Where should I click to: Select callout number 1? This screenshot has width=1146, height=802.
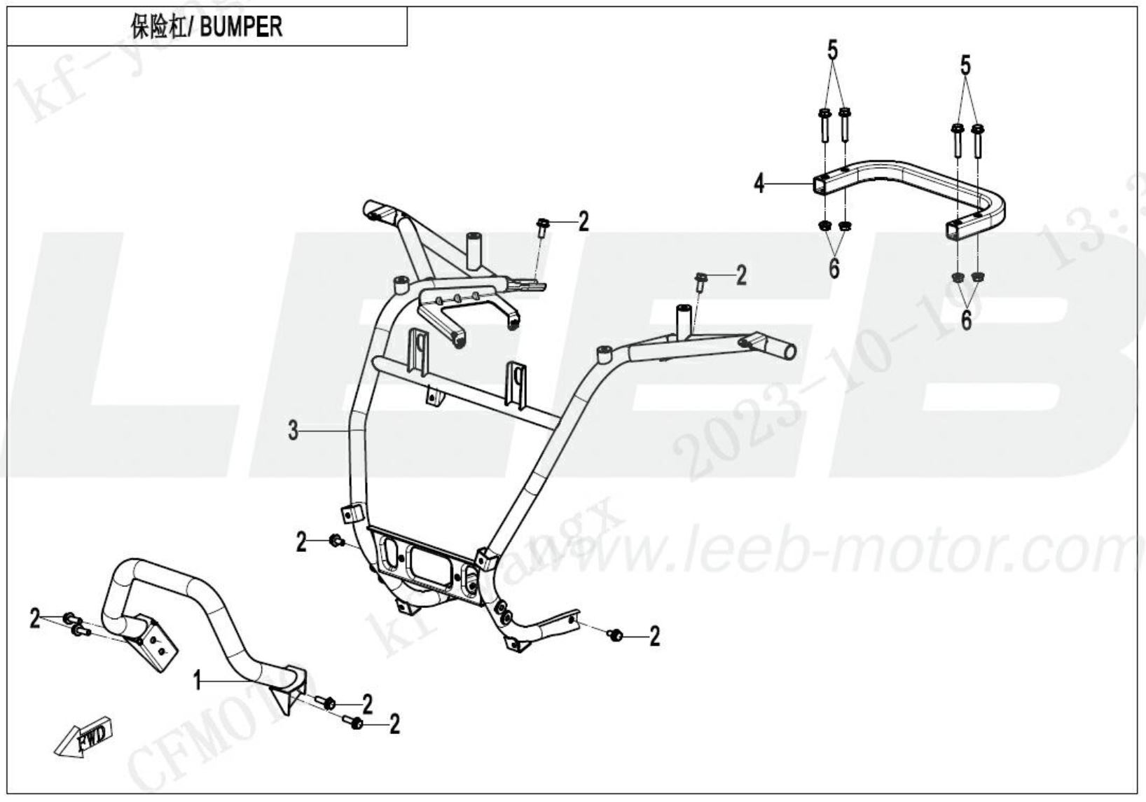[x=199, y=679]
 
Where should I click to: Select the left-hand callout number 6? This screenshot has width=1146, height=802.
[x=834, y=268]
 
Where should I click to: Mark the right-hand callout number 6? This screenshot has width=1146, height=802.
[x=967, y=319]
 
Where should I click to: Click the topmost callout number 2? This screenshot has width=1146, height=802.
[x=584, y=222]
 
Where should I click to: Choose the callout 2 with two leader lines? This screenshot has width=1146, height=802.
[x=34, y=619]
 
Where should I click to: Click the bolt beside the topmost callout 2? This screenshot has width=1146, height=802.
[x=542, y=226]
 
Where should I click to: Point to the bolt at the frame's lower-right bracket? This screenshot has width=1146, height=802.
[x=616, y=635]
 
